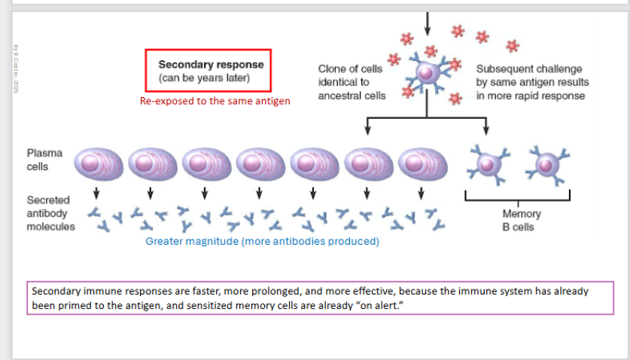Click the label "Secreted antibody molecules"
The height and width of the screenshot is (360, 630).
(50, 213)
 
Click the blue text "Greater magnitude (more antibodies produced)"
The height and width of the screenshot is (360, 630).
(262, 242)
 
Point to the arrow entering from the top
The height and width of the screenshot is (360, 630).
(428, 23)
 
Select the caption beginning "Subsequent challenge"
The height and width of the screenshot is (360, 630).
(531, 81)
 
